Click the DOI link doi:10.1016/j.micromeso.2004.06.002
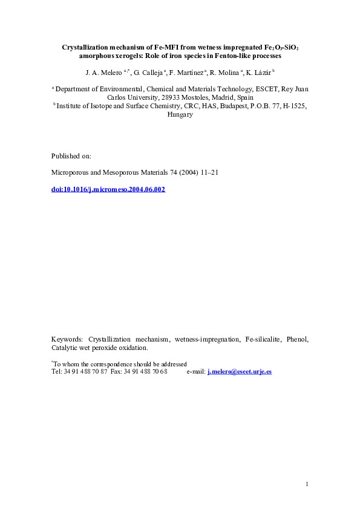(108, 189)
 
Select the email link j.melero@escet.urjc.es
(239, 372)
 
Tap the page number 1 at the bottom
(307, 484)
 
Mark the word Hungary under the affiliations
(180, 114)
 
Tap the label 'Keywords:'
(67, 339)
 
